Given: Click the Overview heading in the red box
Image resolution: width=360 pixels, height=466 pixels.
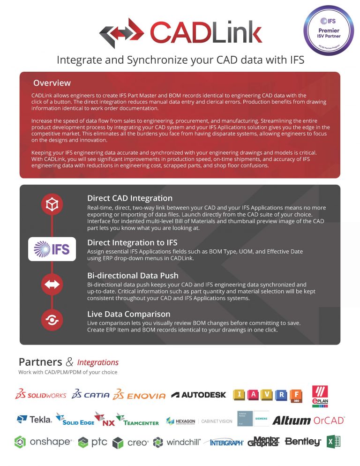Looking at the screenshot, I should coord(52,83).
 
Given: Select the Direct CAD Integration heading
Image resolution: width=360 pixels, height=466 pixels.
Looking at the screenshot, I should coord(130,198).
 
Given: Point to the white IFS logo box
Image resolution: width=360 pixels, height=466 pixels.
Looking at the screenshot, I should coord(49,249).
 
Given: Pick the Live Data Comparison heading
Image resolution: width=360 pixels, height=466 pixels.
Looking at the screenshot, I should coord(128,314).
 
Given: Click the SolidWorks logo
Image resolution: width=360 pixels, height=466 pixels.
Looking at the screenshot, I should coord(41,395).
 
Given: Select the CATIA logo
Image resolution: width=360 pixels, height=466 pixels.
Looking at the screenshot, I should coord(91,395).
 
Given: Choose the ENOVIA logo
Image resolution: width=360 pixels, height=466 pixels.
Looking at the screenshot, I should coord(140,395).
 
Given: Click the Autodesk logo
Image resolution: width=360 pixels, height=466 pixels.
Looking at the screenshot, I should coord(199,395).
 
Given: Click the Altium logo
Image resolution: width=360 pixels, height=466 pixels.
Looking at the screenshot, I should coord(292,420).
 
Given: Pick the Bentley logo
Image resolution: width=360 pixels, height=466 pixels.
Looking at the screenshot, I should coord(303,442).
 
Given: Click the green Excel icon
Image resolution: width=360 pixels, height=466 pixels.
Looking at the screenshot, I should coord(334,442).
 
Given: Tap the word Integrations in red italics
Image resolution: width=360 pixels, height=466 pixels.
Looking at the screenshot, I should coord(97,362).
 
